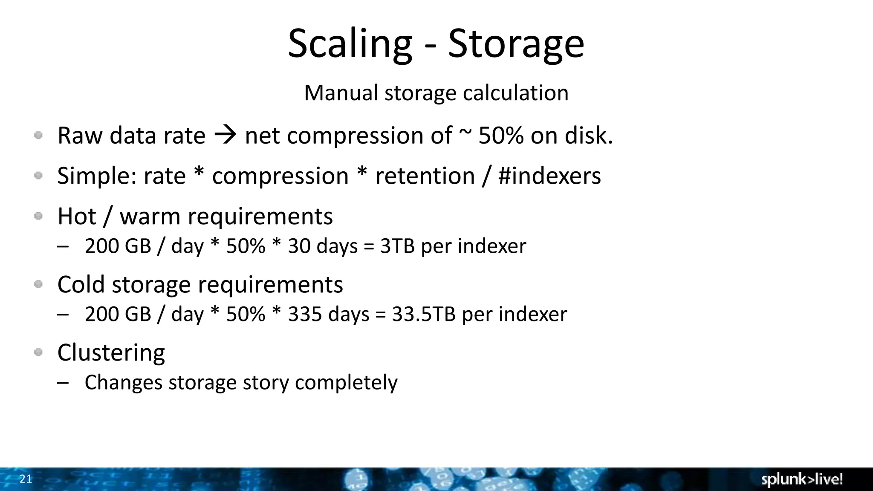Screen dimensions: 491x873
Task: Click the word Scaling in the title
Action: [350, 43]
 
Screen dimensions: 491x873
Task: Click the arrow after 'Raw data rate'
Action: [225, 136]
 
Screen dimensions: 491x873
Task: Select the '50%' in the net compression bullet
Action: [501, 136]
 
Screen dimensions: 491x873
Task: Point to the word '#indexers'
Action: [549, 176]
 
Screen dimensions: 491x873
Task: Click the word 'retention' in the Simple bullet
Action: [425, 176]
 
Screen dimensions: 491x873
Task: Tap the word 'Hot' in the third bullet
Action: [77, 216]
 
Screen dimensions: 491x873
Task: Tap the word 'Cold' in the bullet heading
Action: [81, 284]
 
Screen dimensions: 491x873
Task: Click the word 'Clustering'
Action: [111, 352]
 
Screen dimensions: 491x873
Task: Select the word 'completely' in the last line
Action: [346, 382]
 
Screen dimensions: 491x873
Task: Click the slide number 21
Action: [26, 479]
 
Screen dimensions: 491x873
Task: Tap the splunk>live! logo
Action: [802, 479]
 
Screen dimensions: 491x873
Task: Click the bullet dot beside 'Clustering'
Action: [38, 352]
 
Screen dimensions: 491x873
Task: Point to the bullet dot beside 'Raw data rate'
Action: [38, 136]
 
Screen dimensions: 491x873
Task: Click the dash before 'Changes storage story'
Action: [63, 382]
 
